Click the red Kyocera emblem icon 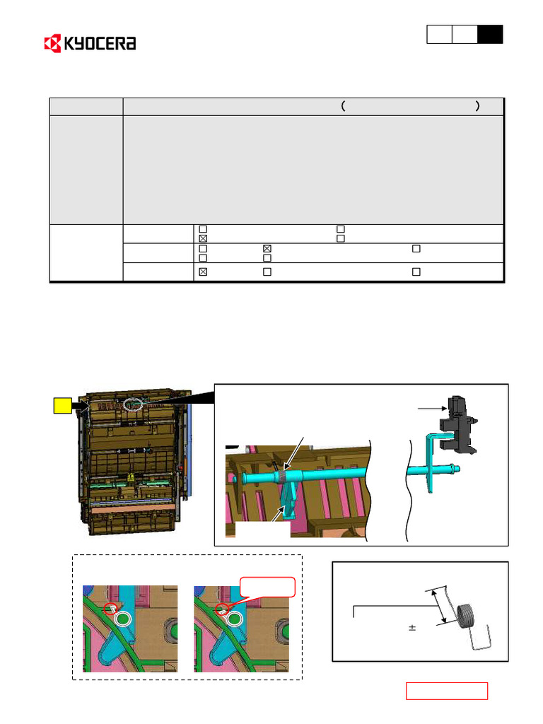pyautogui.click(x=52, y=43)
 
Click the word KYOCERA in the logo pyautogui.click(x=100, y=43)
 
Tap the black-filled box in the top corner pyautogui.click(x=490, y=35)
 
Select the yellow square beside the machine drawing pyautogui.click(x=63, y=405)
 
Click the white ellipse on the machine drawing pyautogui.click(x=134, y=404)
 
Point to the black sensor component pyautogui.click(x=458, y=425)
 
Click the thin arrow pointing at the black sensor pyautogui.click(x=432, y=408)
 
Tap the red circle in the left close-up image pyautogui.click(x=110, y=609)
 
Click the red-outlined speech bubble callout pyautogui.click(x=267, y=588)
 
